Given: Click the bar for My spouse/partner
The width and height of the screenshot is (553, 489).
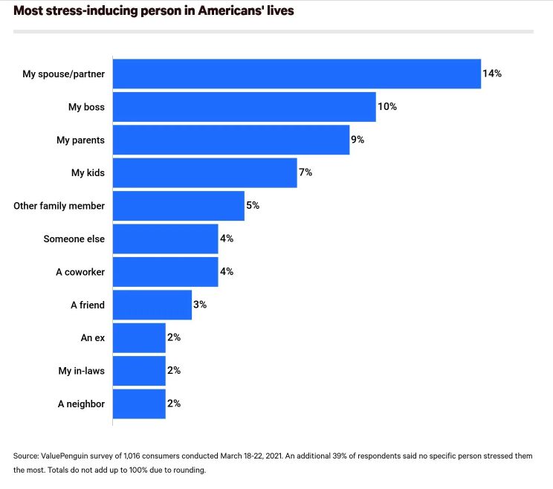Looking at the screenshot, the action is pyautogui.click(x=297, y=74).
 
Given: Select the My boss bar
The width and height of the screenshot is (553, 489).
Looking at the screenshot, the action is pyautogui.click(x=245, y=107).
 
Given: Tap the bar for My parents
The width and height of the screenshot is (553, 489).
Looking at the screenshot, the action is pyautogui.click(x=231, y=140).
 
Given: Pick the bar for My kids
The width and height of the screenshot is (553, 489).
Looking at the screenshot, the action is pyautogui.click(x=205, y=172).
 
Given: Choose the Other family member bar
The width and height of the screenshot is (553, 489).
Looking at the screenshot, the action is pyautogui.click(x=179, y=206).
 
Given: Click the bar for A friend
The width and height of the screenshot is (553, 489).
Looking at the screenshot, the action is pyautogui.click(x=152, y=305).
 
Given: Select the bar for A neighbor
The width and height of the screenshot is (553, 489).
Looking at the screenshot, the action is pyautogui.click(x=139, y=404).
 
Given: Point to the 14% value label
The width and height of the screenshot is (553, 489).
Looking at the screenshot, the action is pyautogui.click(x=492, y=74).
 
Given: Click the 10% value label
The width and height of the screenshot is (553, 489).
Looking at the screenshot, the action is pyautogui.click(x=387, y=106).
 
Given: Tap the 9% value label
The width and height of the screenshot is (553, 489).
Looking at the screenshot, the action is pyautogui.click(x=358, y=140).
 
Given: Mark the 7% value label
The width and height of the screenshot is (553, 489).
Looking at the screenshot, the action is pyautogui.click(x=305, y=172).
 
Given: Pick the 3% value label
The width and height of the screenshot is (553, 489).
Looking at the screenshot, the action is pyautogui.click(x=200, y=305).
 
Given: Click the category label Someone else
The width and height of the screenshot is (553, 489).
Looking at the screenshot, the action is pyautogui.click(x=74, y=239).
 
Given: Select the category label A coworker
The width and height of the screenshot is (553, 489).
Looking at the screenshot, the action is pyautogui.click(x=80, y=272).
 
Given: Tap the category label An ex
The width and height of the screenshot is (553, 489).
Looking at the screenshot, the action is pyautogui.click(x=93, y=337).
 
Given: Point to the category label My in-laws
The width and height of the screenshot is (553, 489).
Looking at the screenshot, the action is pyautogui.click(x=82, y=371).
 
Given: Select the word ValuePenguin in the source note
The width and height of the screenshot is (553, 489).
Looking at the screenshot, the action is pyautogui.click(x=65, y=456).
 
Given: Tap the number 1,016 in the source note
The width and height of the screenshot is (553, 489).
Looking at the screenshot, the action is pyautogui.click(x=132, y=456).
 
